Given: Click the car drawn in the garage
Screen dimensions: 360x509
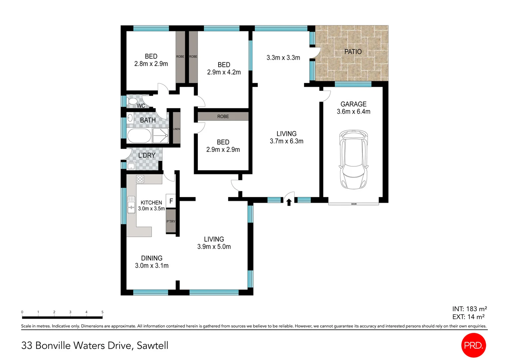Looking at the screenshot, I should coord(353,159).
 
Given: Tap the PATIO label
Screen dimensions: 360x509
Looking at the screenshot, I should coord(353,52).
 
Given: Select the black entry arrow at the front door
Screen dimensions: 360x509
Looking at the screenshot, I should coord(289,202).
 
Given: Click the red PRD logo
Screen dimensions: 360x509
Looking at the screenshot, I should coord(473,345).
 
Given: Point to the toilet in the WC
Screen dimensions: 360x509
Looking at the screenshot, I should coord(132,101).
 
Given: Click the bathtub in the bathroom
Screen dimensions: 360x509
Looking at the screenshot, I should coord(139,136).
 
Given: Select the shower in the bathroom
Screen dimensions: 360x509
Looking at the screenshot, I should coord(161,136).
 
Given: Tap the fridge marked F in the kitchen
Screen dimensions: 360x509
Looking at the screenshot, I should coord(171,201).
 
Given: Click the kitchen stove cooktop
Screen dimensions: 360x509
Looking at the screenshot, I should coord(140,179).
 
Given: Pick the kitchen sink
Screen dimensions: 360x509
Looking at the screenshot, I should coord(131,205).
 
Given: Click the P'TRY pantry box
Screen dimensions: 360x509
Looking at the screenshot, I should coord(171,221).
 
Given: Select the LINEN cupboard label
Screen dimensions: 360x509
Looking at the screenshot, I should coord(177,129).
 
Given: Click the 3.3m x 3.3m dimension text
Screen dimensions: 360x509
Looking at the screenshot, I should coord(283,58).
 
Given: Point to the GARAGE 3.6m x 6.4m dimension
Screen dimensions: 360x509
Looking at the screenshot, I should coord(353,112).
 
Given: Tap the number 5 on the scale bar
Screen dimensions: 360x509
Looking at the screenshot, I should coord(102,312).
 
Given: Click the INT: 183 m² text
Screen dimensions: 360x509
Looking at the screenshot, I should coord(469,309).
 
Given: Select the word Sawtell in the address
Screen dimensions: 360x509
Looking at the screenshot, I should coord(153,345).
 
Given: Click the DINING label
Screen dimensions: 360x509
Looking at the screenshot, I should coord(152,258).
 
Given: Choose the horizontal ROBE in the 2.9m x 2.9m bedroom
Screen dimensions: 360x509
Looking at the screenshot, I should coord(223,116).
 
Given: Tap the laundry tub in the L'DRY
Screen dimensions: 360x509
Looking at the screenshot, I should coord(131,166).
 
